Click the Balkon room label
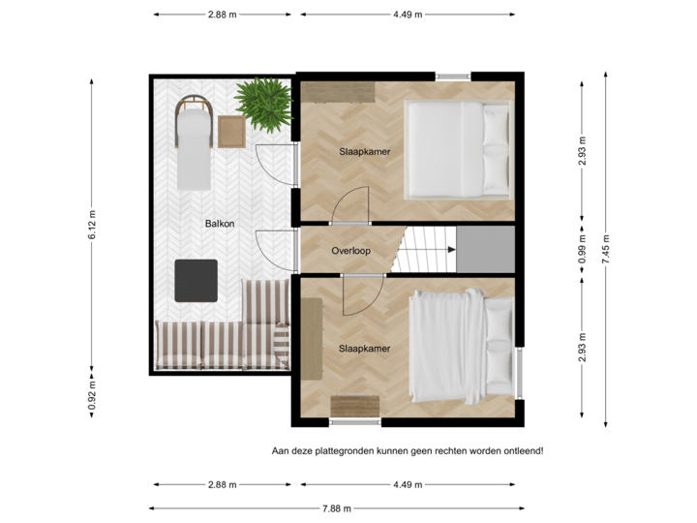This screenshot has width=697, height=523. [x=220, y=224]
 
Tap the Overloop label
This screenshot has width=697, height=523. [x=351, y=249]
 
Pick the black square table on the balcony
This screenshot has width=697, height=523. [x=197, y=281]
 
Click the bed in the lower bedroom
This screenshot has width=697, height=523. [x=461, y=346]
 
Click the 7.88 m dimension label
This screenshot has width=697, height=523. [x=336, y=508]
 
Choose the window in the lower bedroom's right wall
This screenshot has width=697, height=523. [x=520, y=371]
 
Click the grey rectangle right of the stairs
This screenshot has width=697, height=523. [x=485, y=249]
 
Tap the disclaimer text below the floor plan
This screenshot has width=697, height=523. [x=408, y=450]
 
